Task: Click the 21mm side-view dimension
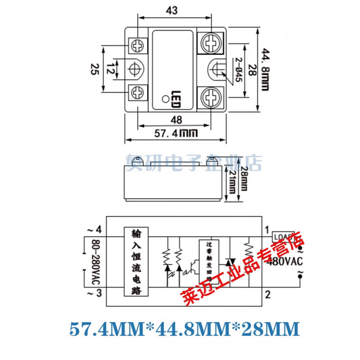click(231, 184)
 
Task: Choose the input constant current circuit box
click(135, 262)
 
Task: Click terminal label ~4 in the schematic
click(96, 230)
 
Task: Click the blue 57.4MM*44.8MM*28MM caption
click(184, 329)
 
